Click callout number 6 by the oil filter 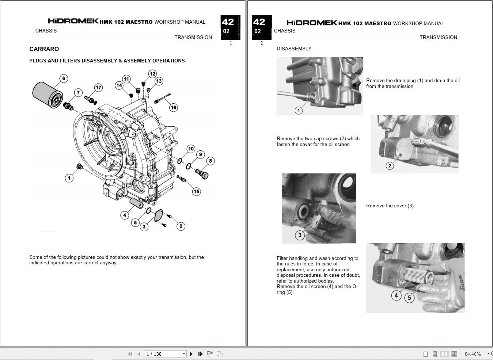click(x=64, y=78)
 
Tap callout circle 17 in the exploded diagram click(x=98, y=87)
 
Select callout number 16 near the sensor click(x=173, y=107)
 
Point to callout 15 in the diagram click(x=197, y=191)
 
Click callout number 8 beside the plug click(x=210, y=161)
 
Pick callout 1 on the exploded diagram click(x=69, y=178)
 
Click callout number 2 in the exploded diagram click(x=181, y=226)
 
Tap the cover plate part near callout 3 click(x=159, y=215)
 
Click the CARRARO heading click(x=44, y=49)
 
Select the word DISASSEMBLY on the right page click(x=294, y=49)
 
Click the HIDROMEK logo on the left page click(x=73, y=21)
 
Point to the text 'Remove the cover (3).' click(x=390, y=206)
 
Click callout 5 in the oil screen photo click(x=409, y=298)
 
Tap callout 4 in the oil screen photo click(x=396, y=295)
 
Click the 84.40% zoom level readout click(x=473, y=354)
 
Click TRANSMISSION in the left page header click(x=193, y=37)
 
